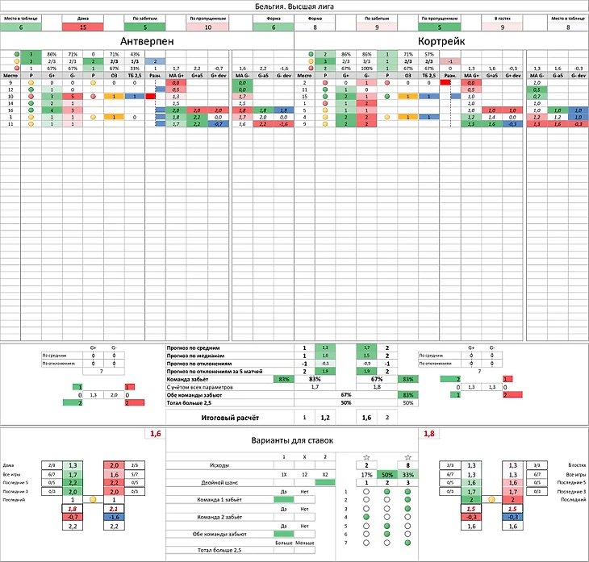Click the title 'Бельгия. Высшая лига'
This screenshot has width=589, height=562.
[x=294, y=6]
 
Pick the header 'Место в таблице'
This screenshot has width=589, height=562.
[x=20, y=17]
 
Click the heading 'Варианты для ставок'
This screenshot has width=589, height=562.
[x=294, y=441]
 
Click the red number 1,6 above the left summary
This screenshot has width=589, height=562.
[x=155, y=434]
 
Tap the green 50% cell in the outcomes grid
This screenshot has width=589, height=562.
[x=386, y=476]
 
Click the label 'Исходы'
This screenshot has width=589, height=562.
[x=203, y=466]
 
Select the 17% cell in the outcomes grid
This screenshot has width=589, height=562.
[x=366, y=476]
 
